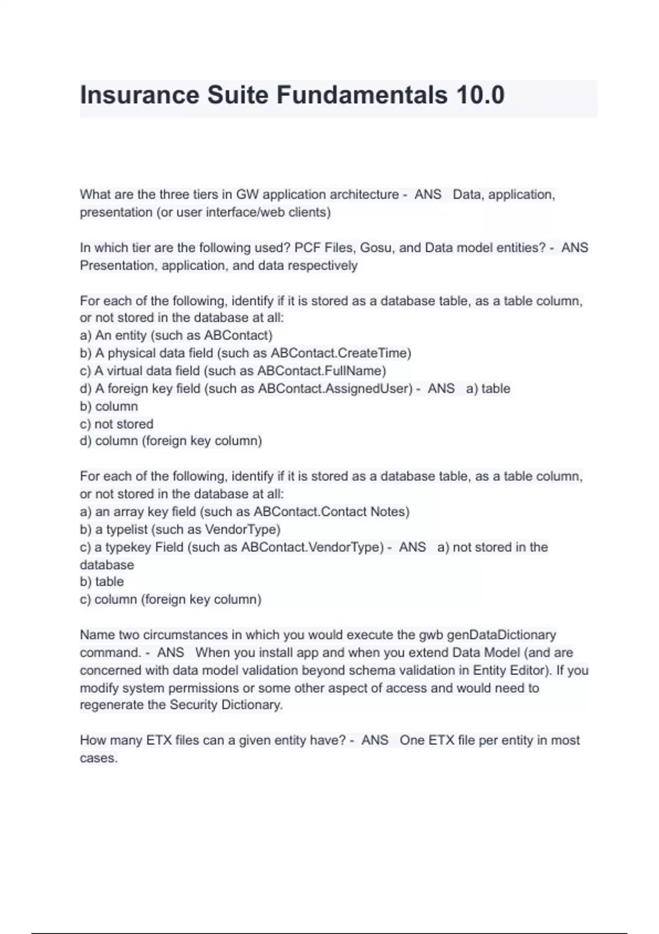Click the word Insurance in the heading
[x=139, y=95]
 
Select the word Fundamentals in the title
[x=362, y=95]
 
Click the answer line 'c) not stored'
[x=116, y=424]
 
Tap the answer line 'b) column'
[x=109, y=407]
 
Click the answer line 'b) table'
[x=102, y=582]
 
